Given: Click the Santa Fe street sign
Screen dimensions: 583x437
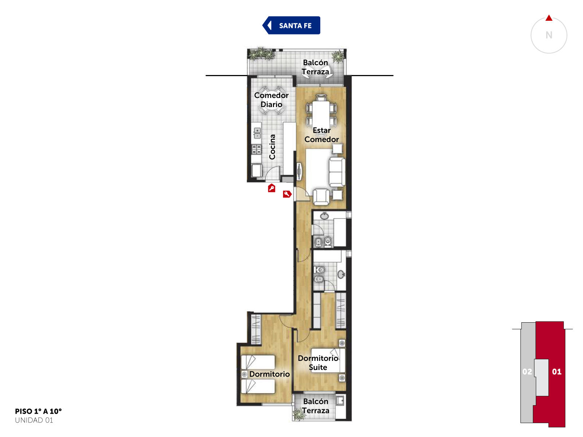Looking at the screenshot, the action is (x=291, y=25).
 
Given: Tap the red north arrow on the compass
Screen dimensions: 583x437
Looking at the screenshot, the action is (x=549, y=18).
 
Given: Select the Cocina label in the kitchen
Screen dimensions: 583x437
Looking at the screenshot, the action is (x=272, y=147).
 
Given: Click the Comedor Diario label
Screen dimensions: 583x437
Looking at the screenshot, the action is (x=271, y=100).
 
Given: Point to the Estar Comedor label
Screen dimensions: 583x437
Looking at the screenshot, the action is (x=321, y=135).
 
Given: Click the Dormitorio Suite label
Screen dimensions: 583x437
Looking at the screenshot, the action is (x=318, y=363).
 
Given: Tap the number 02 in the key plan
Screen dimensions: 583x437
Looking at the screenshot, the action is (x=527, y=371).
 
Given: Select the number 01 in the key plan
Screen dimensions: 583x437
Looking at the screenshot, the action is (x=557, y=371).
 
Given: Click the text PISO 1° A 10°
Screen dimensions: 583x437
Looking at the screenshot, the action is (x=38, y=411).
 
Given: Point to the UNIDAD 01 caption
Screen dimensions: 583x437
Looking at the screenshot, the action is (x=34, y=420).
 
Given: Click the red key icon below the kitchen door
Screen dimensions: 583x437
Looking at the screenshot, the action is (x=271, y=188).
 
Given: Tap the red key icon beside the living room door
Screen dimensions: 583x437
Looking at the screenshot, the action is (x=287, y=194).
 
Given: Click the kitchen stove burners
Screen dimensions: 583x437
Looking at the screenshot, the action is (x=257, y=149).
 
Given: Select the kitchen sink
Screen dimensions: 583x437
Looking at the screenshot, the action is (x=257, y=133).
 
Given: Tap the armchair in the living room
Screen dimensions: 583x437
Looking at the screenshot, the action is (x=321, y=197).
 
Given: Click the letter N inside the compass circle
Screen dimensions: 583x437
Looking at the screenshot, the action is (x=549, y=35).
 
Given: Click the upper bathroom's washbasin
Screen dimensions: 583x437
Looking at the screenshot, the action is (x=324, y=216).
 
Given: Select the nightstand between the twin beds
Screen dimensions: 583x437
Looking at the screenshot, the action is (x=244, y=374).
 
